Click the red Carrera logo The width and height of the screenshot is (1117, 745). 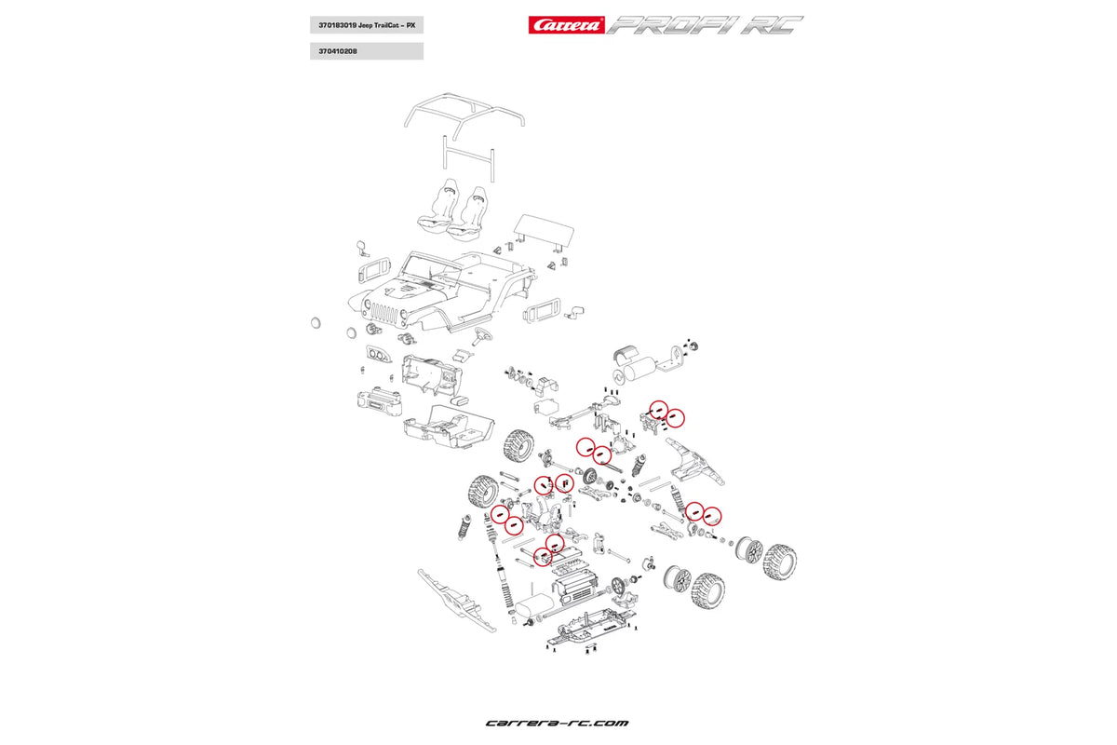[x=566, y=24]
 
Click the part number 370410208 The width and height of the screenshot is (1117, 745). [x=332, y=51]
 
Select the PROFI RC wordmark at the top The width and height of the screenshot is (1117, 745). [x=705, y=25]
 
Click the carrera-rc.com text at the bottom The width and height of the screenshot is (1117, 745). [x=557, y=723]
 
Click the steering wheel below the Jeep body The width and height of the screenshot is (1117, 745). [x=481, y=336]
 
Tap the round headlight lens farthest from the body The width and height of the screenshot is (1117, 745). [x=315, y=322]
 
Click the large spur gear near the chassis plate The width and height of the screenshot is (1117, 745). [x=619, y=587]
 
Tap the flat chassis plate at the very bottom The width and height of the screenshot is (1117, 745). [x=577, y=634]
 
